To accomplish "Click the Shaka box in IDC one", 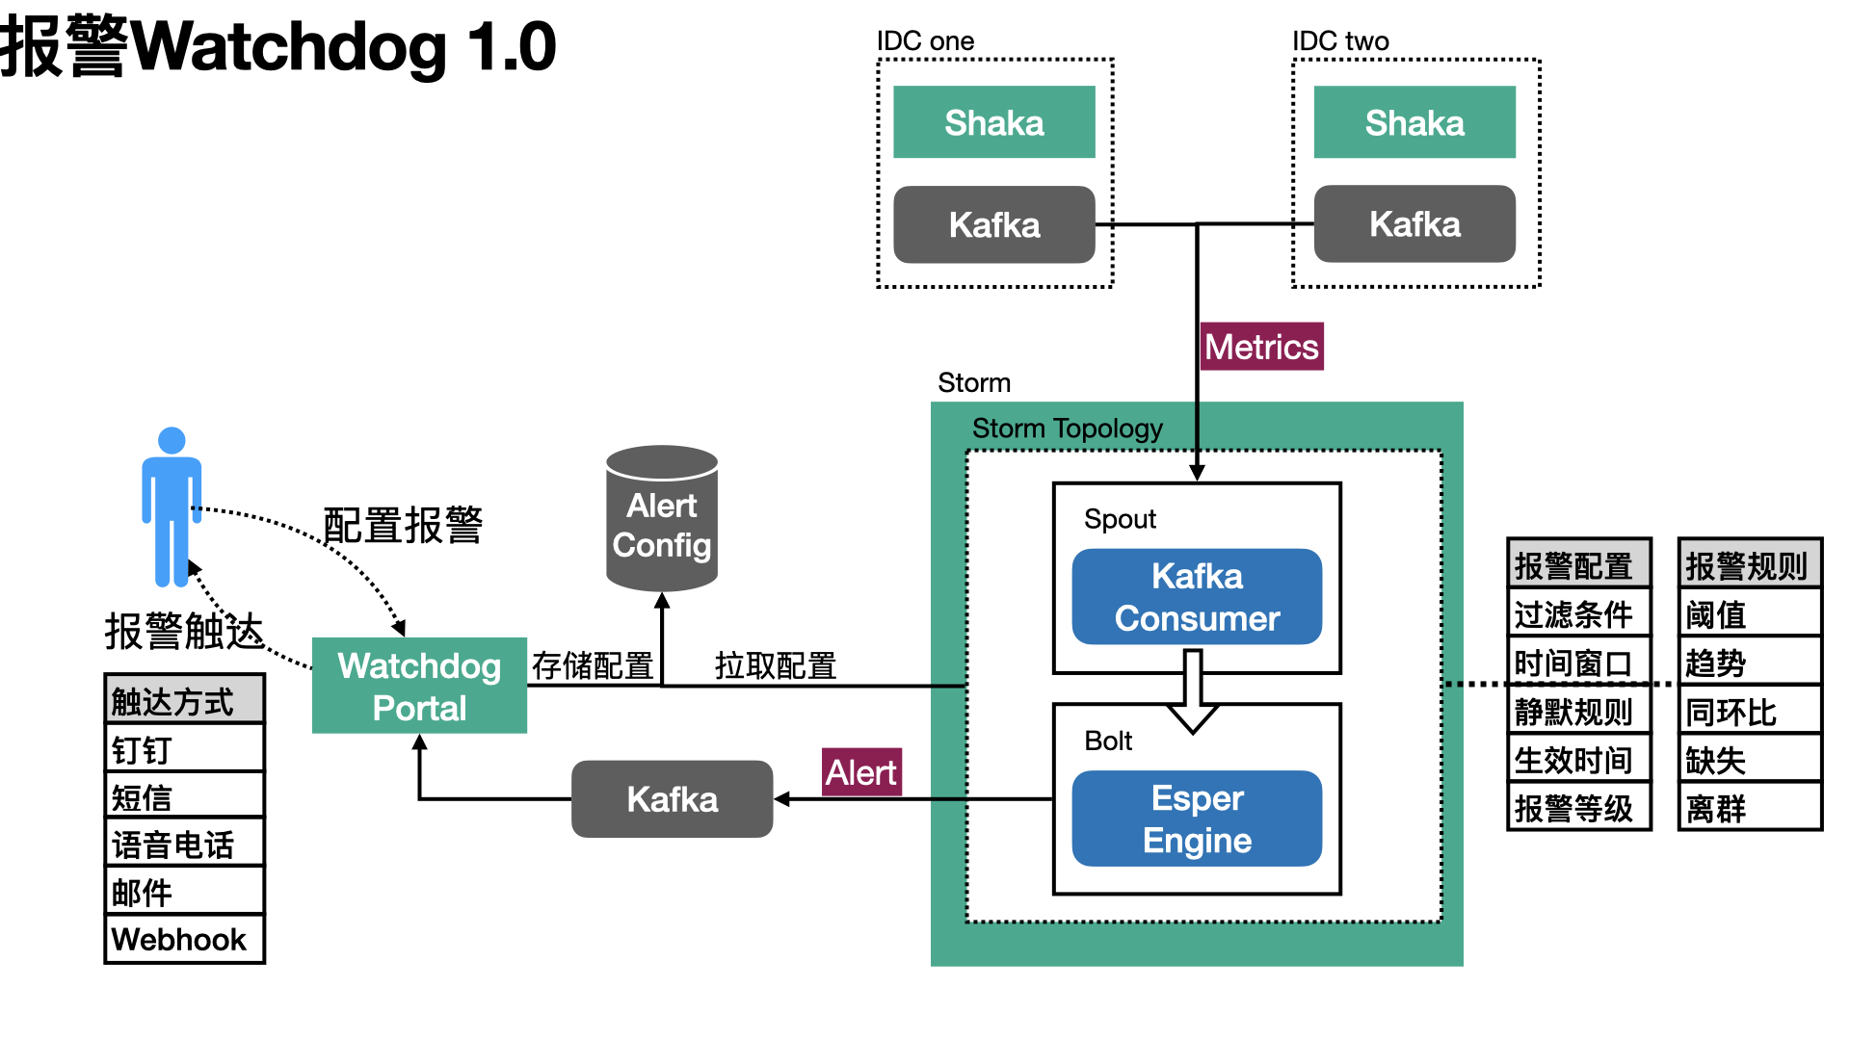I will (993, 122).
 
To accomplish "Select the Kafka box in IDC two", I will (1414, 224).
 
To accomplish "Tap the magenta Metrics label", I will (1262, 347).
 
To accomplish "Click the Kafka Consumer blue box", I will (1197, 597).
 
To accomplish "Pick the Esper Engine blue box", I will (1197, 819).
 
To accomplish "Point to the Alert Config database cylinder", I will (662, 520).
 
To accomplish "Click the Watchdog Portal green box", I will (419, 686).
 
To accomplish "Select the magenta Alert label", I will (861, 772).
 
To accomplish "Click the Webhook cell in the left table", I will (184, 939).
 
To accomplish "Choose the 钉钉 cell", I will (184, 749).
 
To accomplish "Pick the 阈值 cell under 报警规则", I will (1750, 614).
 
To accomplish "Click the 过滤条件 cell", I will (1579, 614).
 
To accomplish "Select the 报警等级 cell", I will (1579, 808).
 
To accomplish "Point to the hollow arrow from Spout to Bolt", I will (1193, 691).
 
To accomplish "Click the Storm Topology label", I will (1067, 429).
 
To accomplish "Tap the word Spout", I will (1120, 519).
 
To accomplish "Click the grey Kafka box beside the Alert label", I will (672, 799).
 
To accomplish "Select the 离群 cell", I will (1750, 808).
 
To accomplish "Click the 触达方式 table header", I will (184, 701).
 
